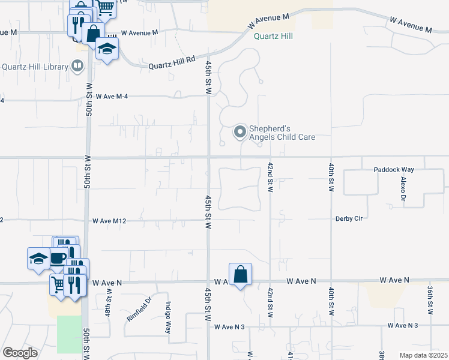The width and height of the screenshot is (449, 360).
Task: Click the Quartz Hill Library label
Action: [x=35, y=67]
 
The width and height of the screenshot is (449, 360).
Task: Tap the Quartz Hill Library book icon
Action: [x=77, y=66]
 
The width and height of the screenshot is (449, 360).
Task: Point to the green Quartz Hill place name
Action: [x=273, y=35]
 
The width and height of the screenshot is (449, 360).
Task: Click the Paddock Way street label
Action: [x=393, y=170]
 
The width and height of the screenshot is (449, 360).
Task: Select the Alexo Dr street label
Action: [x=403, y=188]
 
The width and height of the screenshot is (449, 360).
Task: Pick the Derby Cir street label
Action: [x=349, y=218]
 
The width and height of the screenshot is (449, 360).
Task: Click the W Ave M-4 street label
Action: [x=112, y=96]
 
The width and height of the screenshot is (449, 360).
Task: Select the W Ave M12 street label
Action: [x=110, y=221]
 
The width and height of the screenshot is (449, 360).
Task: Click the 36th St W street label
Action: [x=430, y=300]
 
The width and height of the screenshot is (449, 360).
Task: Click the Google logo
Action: [x=20, y=353]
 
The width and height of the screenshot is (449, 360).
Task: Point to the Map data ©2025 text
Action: [x=423, y=355]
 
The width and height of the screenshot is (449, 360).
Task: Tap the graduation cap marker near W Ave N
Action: [x=39, y=259]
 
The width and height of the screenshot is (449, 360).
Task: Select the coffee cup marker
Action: [x=58, y=258]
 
